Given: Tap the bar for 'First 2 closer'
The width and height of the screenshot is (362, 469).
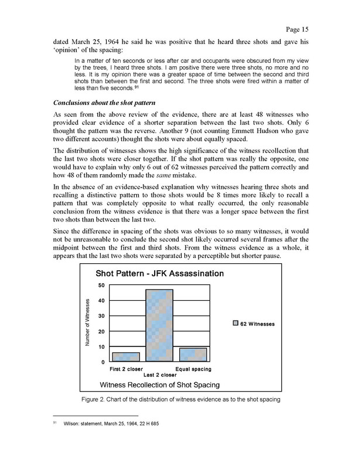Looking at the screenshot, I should click(125, 357).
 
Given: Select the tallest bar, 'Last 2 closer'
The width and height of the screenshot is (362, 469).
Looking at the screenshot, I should click(159, 326).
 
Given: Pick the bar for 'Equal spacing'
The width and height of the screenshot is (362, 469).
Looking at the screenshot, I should click(193, 355).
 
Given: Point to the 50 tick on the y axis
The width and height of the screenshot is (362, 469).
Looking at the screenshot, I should click(101, 286).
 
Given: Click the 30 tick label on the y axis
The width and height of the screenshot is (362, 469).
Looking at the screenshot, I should click(101, 317).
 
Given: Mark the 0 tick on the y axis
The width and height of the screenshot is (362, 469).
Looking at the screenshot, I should click(103, 362).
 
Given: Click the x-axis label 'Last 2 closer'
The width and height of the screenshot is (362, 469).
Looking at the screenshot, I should click(159, 375).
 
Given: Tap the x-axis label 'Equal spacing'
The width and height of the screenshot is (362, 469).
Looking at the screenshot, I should click(193, 369).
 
